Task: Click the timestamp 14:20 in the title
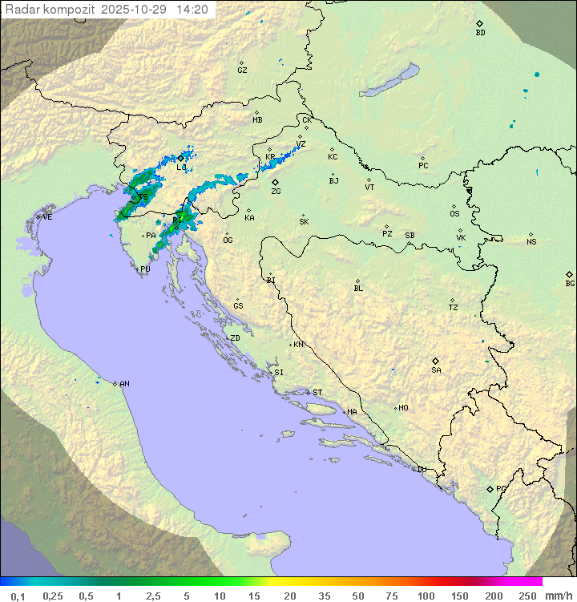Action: (x=193, y=10)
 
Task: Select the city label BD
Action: (x=480, y=32)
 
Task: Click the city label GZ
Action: (x=242, y=70)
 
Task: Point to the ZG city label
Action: (x=276, y=192)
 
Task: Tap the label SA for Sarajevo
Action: (x=436, y=370)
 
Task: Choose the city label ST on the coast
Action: (x=317, y=393)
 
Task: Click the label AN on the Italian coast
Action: (x=124, y=384)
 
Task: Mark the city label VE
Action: (x=47, y=217)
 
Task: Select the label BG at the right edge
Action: (x=570, y=283)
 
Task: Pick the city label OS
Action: (x=454, y=214)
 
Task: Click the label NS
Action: (x=531, y=242)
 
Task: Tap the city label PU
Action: (x=145, y=269)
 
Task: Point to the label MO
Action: (x=403, y=408)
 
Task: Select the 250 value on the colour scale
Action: (x=527, y=596)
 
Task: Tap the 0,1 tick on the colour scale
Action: (x=18, y=596)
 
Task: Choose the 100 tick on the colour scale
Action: (x=426, y=596)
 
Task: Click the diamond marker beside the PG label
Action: (x=490, y=489)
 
